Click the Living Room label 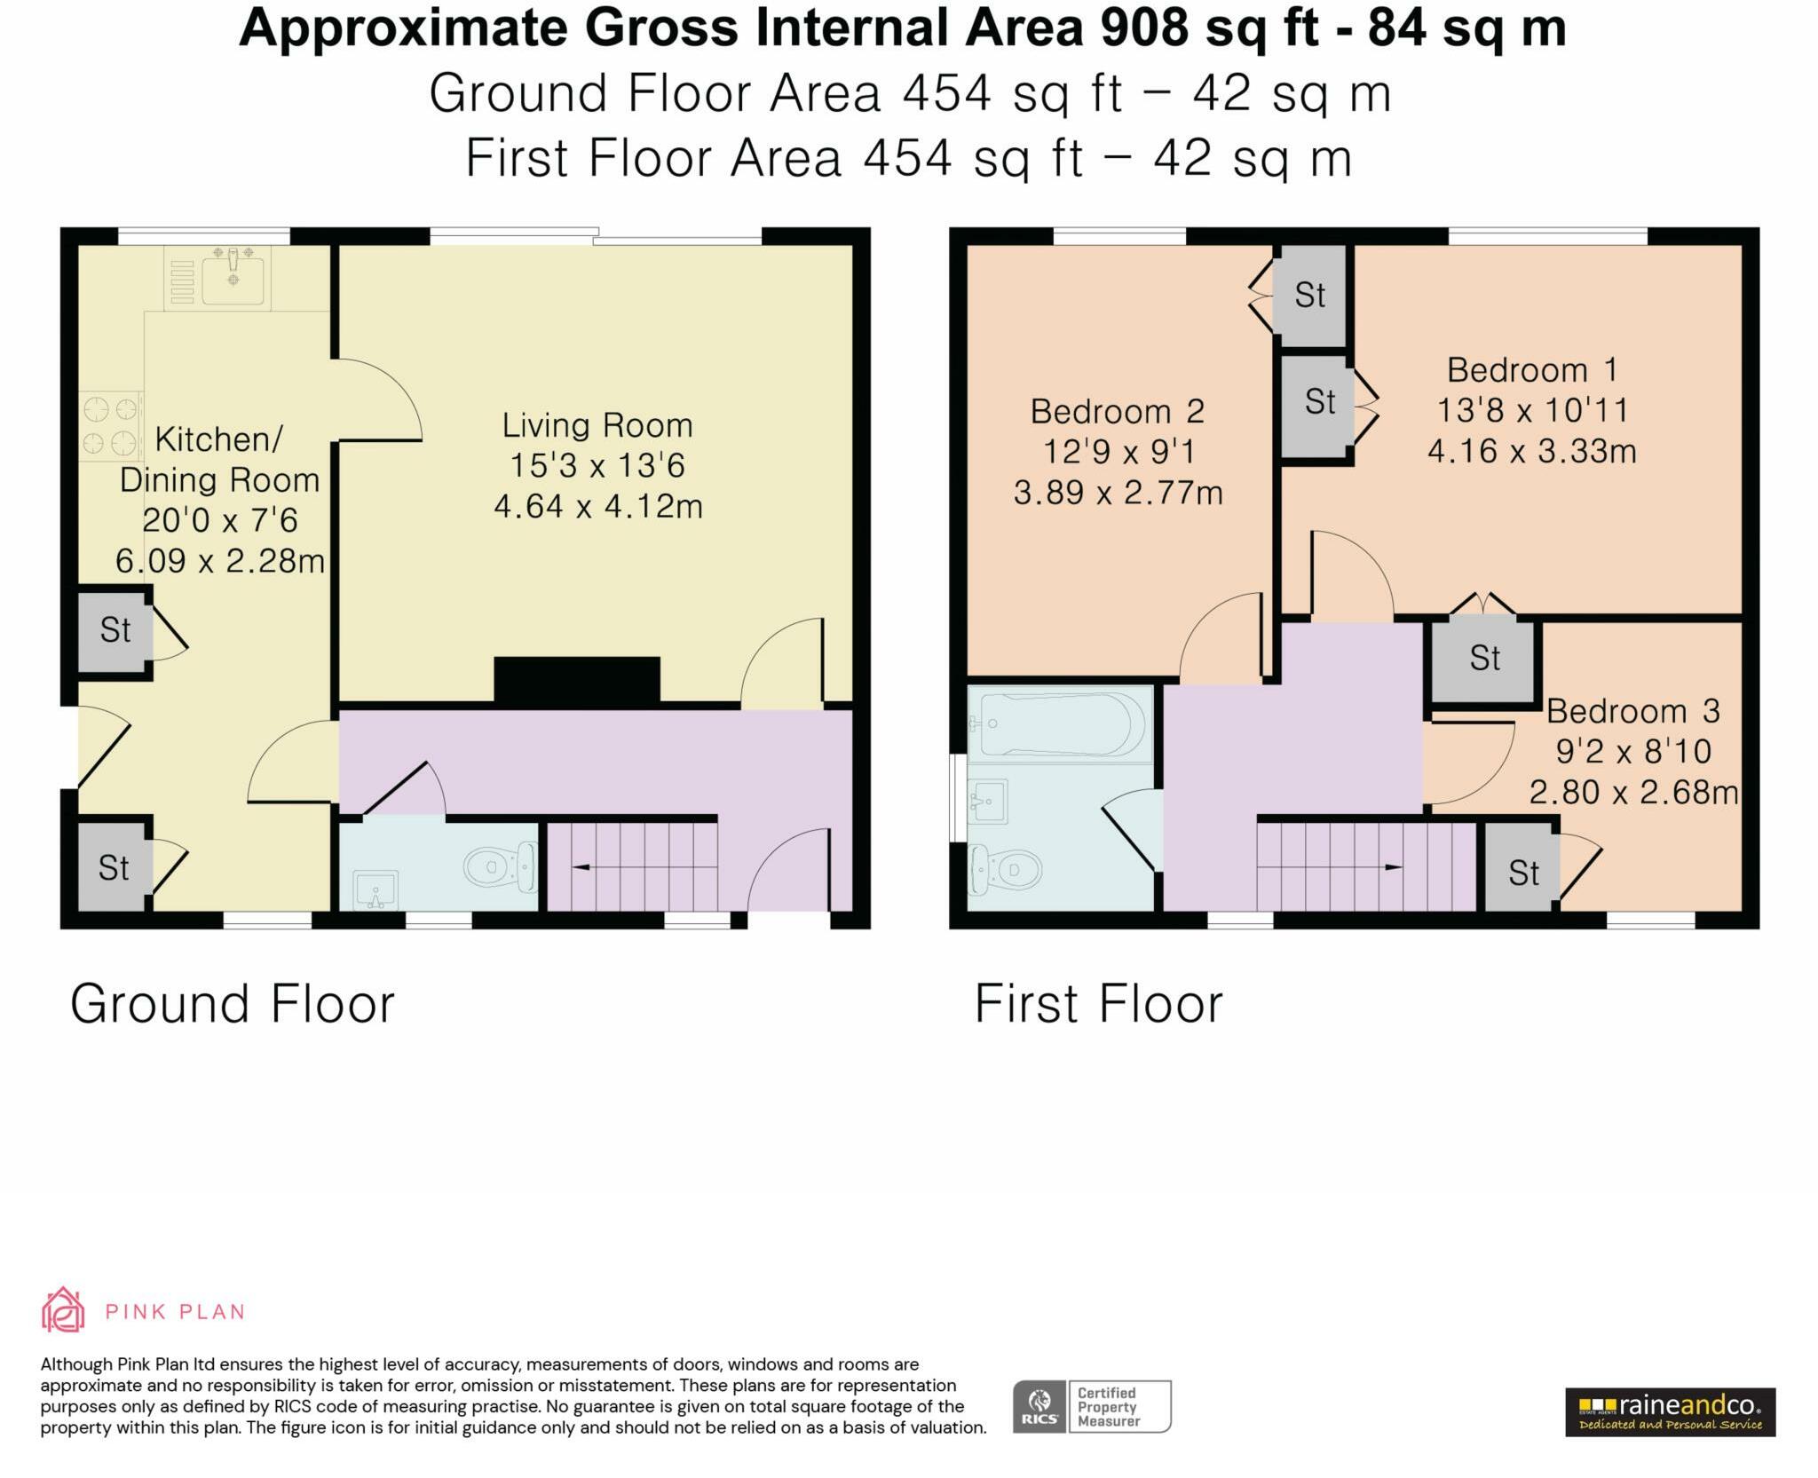pos(597,425)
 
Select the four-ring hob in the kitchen pos(111,425)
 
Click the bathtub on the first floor pos(1060,723)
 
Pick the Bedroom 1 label pos(1532,369)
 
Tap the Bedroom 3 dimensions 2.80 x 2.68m pos(1633,792)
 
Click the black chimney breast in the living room pos(577,681)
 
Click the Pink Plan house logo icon pos(63,1310)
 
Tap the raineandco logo pos(1670,1411)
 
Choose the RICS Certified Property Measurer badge pos(1092,1406)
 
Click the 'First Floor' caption pos(1099,1004)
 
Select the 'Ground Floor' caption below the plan pos(233,1004)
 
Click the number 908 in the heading pos(1143,28)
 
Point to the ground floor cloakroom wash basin pos(375,889)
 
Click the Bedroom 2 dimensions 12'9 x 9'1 pos(1118,452)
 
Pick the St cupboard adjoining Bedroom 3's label pos(1484,658)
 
